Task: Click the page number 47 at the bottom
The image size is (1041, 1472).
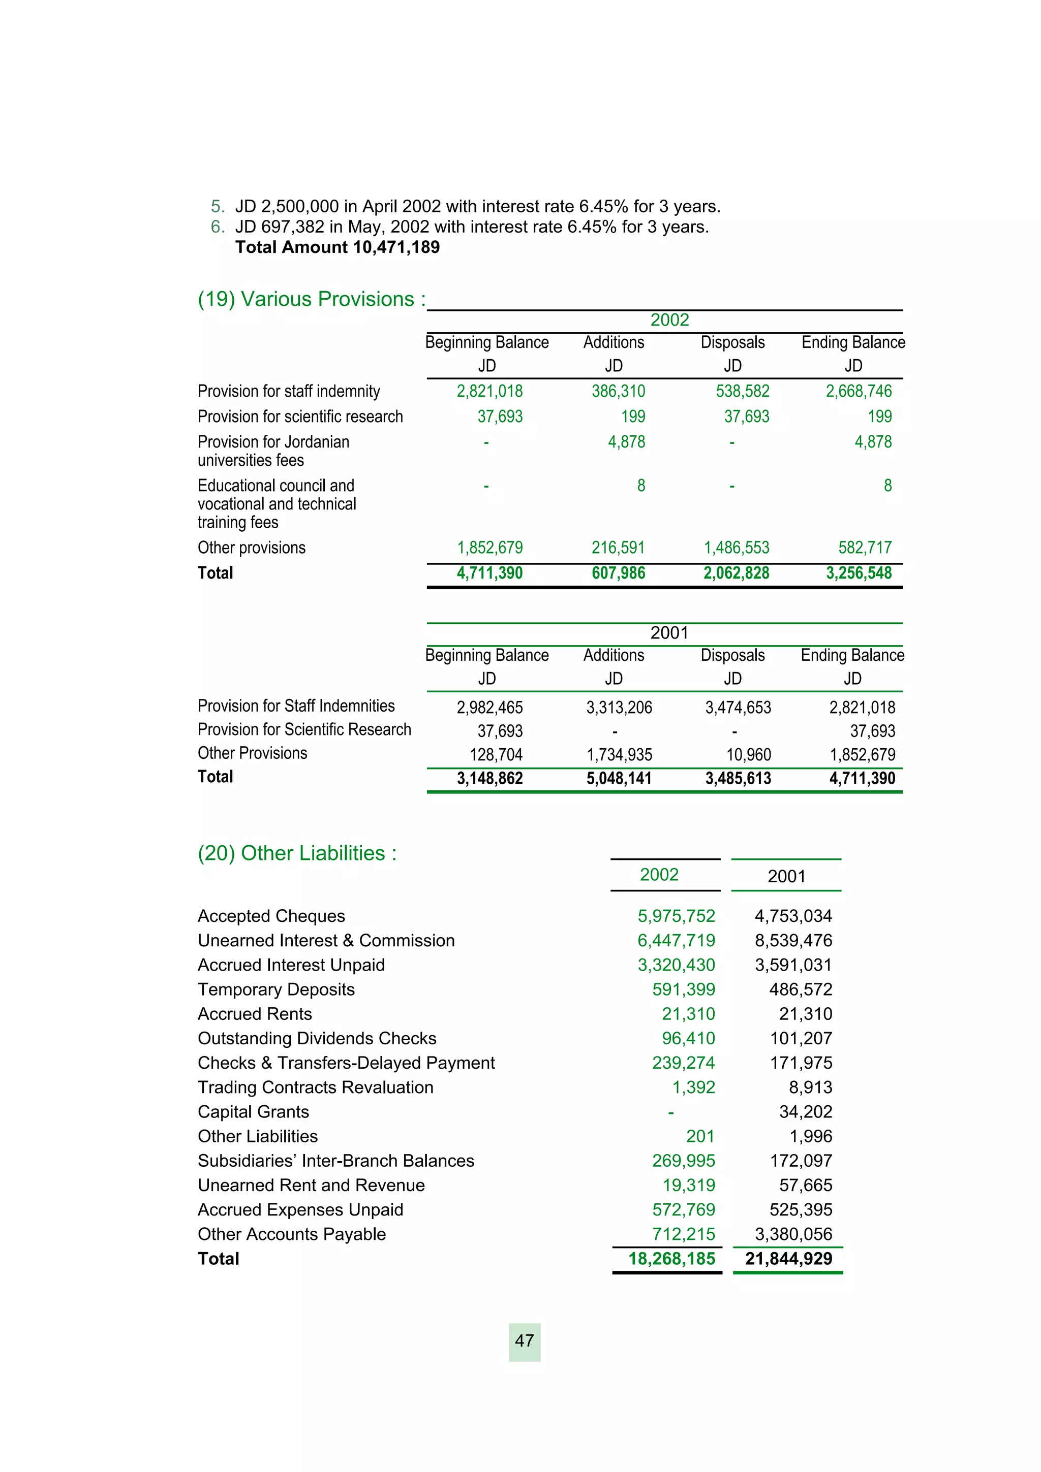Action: point(524,1340)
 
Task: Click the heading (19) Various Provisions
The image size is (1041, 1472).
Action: point(311,299)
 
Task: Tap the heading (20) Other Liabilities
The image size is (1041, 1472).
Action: point(297,853)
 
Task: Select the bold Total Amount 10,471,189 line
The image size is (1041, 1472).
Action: point(338,247)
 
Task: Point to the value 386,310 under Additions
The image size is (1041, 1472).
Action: point(618,391)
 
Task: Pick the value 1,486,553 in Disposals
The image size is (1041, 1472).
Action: point(737,548)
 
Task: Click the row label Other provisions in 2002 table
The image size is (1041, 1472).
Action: point(252,548)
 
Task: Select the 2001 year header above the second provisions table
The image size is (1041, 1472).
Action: point(669,633)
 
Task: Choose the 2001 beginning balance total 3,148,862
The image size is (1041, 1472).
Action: point(489,779)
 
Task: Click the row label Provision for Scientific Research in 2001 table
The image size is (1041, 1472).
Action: point(304,729)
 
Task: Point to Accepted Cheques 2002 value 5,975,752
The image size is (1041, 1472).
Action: point(676,916)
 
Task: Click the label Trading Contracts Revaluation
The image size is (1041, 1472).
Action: point(315,1087)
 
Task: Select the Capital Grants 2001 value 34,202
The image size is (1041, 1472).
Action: point(805,1112)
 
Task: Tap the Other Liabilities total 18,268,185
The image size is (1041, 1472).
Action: point(671,1259)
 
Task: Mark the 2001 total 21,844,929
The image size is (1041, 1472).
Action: point(788,1259)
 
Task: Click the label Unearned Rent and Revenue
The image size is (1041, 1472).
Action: point(311,1186)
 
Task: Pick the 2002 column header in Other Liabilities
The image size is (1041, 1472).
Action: point(659,875)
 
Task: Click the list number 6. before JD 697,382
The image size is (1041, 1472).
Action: point(218,227)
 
